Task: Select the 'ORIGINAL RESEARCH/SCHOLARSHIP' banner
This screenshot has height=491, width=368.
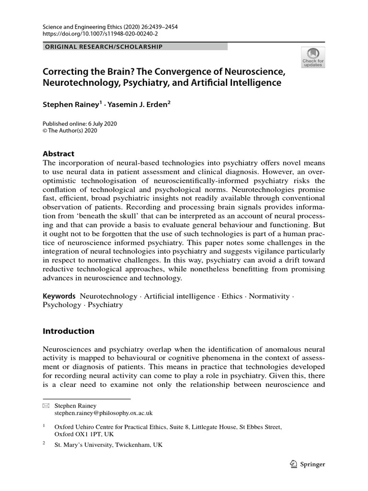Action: pos(103,47)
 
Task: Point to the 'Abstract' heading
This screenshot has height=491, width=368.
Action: pos(58,154)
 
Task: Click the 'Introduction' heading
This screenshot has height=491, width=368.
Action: pos(69,331)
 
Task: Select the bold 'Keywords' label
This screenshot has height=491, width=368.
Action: pos(59,296)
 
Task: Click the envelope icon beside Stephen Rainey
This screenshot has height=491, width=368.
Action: pos(46,405)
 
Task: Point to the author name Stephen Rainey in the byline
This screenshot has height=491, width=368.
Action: pos(71,103)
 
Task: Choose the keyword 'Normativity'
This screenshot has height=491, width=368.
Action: pos(269,296)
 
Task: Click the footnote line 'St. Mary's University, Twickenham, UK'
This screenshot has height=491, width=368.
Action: pos(109,444)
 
